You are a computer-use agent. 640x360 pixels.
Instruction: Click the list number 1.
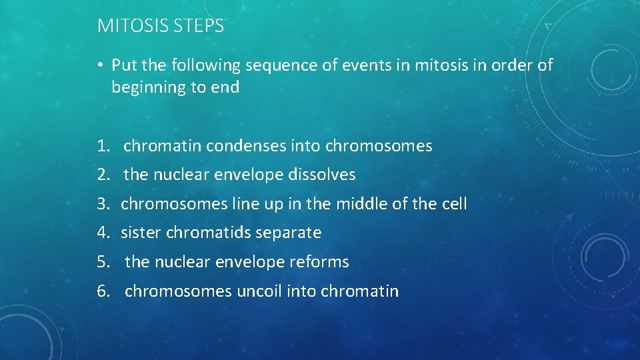[101, 146]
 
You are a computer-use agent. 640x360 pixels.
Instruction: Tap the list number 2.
[101, 175]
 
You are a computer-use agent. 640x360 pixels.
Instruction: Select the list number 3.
[101, 203]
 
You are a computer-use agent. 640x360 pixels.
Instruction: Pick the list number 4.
[101, 233]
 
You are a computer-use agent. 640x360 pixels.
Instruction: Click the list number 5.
[101, 262]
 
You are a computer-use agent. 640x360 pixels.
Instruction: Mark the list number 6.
[101, 291]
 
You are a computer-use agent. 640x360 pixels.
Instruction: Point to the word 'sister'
[141, 233]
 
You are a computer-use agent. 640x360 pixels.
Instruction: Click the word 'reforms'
[319, 262]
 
